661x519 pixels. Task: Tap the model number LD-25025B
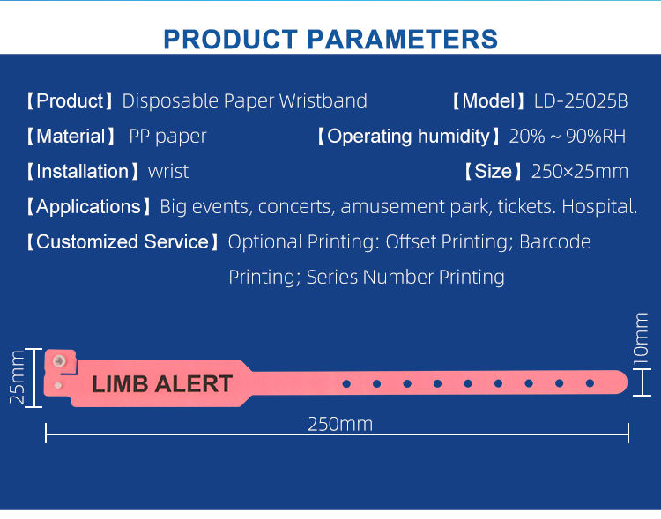tap(581, 101)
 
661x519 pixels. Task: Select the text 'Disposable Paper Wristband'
tap(244, 101)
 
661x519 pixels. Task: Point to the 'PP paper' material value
tap(167, 137)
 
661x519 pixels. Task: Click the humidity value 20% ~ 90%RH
tap(568, 137)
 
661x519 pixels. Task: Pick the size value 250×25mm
tap(580, 172)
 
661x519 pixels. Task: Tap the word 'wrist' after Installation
tap(168, 172)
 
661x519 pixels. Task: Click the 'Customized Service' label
tap(123, 242)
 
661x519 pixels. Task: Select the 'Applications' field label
tap(87, 207)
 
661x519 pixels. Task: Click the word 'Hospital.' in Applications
tap(599, 207)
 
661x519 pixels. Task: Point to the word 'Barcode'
tap(555, 242)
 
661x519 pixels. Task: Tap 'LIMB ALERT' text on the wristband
tap(162, 384)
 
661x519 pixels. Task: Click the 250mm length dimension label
tap(340, 424)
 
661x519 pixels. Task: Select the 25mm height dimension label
tap(17, 378)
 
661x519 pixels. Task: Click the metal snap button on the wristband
tap(59, 360)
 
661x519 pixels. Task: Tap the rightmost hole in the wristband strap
tap(590, 383)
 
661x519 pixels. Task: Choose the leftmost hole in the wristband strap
tap(346, 383)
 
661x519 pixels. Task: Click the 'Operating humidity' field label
tap(408, 137)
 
